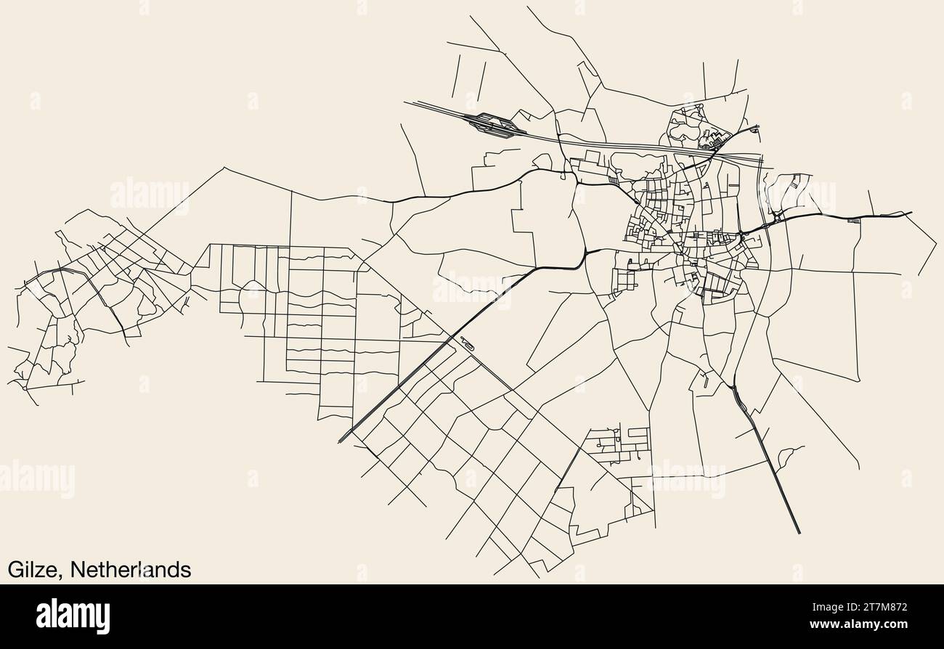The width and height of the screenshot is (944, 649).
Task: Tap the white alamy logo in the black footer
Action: pos(73,616)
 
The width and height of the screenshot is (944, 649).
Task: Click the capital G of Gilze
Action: pos(15,570)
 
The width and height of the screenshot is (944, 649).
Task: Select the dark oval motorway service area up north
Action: pos(495,124)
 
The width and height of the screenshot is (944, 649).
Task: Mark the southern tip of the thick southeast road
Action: pos(799,533)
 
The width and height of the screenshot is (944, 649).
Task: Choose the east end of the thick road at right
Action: pos(911,213)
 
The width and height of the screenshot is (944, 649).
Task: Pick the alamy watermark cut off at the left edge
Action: pos(36,480)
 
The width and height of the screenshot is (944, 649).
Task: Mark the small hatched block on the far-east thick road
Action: pos(854,219)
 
